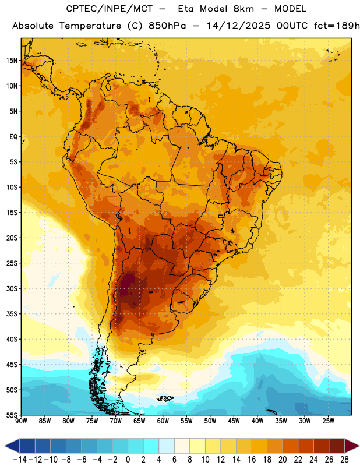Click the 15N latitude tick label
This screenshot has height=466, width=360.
tap(12, 61)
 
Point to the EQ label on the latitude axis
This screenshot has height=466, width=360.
tap(13, 137)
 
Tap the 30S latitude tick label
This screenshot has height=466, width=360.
tap(12, 288)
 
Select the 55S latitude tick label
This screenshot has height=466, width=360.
tap(12, 415)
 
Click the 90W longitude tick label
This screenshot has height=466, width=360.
tap(22, 421)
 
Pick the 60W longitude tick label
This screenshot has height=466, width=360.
tap(163, 421)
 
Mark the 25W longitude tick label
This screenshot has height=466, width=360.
tap(328, 421)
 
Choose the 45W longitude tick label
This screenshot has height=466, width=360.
tap(234, 421)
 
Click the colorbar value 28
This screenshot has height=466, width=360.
tap(344, 460)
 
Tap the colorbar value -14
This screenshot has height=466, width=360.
tap(20, 460)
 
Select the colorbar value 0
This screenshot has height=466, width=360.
tap(128, 460)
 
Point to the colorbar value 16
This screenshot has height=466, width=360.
tap(252, 460)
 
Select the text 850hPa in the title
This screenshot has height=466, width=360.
tap(167, 26)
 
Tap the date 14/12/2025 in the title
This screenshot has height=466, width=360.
tap(238, 26)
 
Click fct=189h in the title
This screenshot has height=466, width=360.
tap(337, 26)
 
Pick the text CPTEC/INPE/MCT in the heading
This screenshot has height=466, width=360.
tap(110, 9)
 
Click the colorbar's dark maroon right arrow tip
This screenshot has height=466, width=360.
tap(359, 446)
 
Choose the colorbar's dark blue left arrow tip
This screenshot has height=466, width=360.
tap(5, 446)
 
